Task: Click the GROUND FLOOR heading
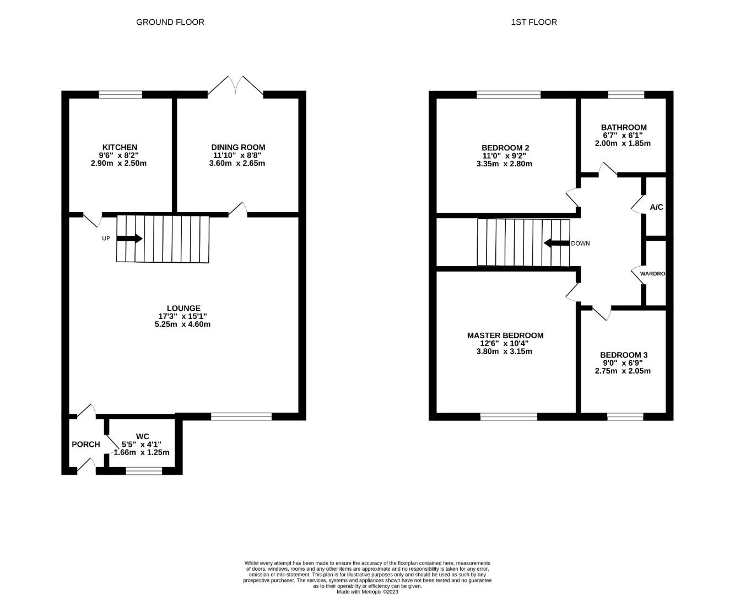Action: (x=170, y=22)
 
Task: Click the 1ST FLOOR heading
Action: (x=533, y=22)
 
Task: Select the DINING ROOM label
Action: (x=238, y=147)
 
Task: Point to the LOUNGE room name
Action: (x=183, y=308)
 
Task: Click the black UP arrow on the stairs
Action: (x=129, y=239)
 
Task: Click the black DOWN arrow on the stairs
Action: (x=556, y=243)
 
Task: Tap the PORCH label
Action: (x=86, y=444)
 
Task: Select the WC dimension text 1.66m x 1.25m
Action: (x=142, y=452)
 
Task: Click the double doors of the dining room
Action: (x=235, y=85)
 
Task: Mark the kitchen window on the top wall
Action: (x=120, y=94)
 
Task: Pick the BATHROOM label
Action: (x=624, y=127)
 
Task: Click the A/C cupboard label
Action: (x=656, y=207)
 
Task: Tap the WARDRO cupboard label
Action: (x=652, y=274)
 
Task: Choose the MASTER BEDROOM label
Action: (x=505, y=336)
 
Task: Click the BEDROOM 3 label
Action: (x=624, y=355)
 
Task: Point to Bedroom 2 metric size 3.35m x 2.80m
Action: (x=504, y=164)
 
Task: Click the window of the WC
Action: (x=144, y=470)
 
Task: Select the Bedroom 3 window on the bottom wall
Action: (x=625, y=416)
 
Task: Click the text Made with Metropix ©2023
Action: (x=367, y=592)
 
